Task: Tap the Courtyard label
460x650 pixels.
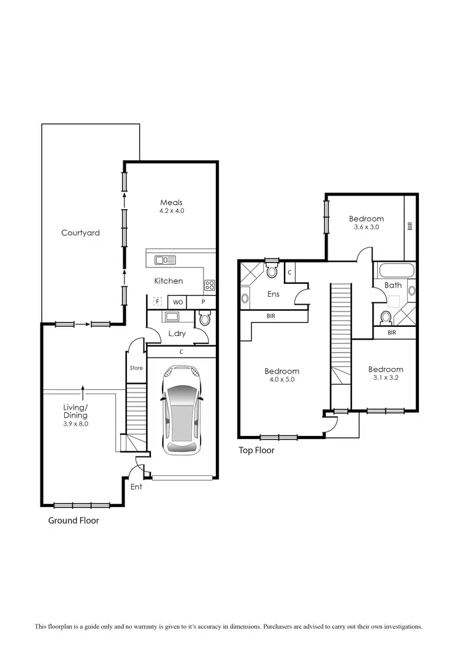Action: coord(80,233)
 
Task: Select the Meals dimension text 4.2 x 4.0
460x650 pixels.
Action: coord(171,211)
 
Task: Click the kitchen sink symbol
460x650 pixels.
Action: coord(165,260)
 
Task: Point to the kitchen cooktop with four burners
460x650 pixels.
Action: coord(209,285)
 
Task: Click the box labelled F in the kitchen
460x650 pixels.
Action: coord(157,302)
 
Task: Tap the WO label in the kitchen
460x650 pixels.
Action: coord(177,302)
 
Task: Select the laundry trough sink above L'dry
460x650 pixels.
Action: coord(170,317)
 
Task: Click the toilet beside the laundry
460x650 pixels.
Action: coord(205,318)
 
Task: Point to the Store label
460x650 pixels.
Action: coord(136,368)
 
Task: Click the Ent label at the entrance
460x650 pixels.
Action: coord(136,487)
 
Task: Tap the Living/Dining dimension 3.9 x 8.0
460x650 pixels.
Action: coord(76,424)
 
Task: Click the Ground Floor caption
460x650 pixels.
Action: coord(74,521)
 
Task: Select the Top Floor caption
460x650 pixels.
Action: coord(256,451)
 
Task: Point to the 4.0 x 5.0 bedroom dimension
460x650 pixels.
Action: coord(282,380)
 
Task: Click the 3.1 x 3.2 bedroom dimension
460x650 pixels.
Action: coord(386,378)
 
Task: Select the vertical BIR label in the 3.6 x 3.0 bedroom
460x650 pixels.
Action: coord(410,226)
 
